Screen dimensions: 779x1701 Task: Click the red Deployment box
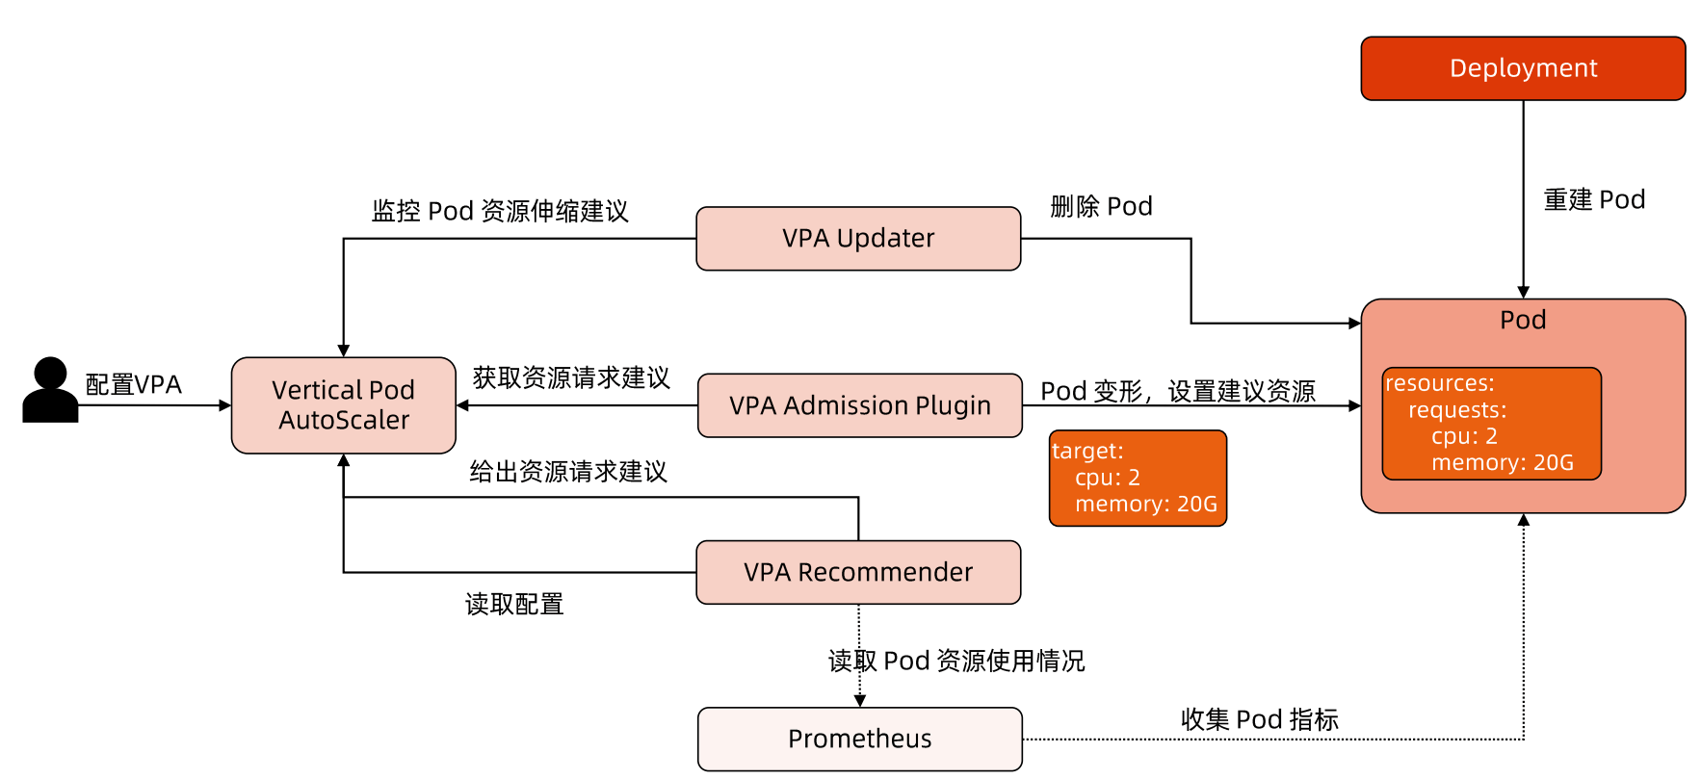pos(1522,68)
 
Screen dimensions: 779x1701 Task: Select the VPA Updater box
pos(857,238)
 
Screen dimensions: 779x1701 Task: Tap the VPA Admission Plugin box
pos(859,405)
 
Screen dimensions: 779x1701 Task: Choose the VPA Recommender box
pos(857,572)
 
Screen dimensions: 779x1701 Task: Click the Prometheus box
pos(859,739)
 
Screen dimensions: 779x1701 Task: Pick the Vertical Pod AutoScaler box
pos(343,405)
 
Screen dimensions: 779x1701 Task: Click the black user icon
pos(50,390)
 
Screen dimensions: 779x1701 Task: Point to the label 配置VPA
pos(134,385)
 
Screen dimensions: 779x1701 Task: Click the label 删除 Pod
pos(1101,206)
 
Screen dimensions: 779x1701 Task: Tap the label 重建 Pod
pos(1594,199)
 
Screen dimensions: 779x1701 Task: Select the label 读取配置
pos(514,605)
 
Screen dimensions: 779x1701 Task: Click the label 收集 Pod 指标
pos(1259,719)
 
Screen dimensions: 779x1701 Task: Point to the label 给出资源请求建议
pos(568,472)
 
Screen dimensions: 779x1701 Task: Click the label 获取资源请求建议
pos(570,377)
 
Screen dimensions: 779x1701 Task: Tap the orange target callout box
pos(1137,478)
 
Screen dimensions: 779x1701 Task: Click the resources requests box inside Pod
pos(1490,424)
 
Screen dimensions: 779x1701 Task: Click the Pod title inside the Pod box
pos(1522,320)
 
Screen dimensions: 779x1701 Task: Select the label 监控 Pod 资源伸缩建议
pos(500,211)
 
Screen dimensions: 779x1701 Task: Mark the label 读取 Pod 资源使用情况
pos(956,661)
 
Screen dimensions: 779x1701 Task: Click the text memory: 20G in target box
pos(1145,505)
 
